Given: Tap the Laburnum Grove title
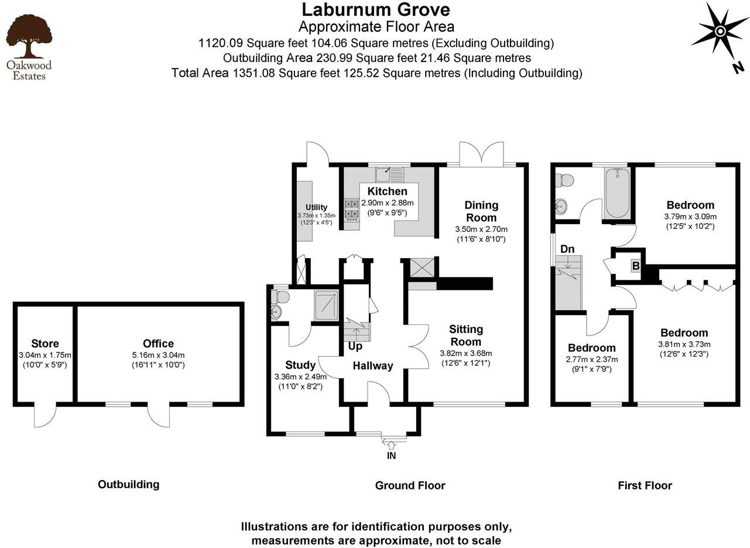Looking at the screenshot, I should click(376, 10).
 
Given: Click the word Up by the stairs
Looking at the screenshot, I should click(355, 346).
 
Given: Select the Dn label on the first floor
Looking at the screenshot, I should click(567, 249).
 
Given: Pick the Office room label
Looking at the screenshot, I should click(158, 344).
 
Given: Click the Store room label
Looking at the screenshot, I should click(45, 344).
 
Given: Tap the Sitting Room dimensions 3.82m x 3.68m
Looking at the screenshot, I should click(466, 353).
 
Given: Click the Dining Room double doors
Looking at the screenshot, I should click(481, 155).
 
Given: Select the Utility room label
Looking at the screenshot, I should click(316, 207).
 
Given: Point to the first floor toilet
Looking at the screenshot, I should click(564, 181).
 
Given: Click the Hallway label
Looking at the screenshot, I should click(372, 366).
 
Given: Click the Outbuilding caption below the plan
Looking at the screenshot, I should click(128, 484).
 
